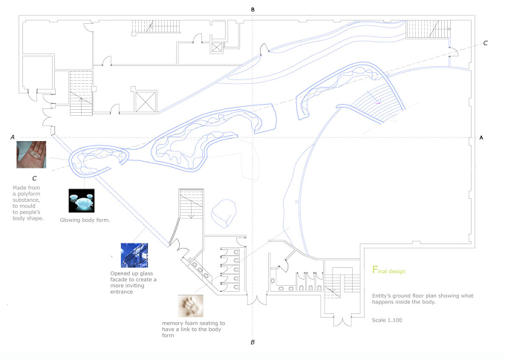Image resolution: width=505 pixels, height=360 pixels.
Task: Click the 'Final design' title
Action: (388, 270)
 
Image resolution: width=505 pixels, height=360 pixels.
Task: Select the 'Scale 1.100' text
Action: (387, 320)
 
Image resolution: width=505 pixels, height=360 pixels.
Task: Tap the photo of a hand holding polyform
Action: (31, 154)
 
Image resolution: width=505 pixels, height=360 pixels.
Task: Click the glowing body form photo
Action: (82, 200)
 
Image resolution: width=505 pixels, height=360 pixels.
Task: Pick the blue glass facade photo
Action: (134, 255)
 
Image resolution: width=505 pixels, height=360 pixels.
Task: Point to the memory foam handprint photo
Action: (191, 306)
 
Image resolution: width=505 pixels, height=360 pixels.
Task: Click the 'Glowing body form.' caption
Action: (85, 220)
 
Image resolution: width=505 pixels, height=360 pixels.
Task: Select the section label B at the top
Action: (252, 10)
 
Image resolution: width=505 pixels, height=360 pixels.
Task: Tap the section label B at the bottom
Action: (252, 342)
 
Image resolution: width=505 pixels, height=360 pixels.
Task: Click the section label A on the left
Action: (13, 137)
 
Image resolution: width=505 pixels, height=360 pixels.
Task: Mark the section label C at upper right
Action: (486, 43)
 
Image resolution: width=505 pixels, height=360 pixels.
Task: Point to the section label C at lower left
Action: (34, 178)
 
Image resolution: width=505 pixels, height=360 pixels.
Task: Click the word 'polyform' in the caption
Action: (29, 194)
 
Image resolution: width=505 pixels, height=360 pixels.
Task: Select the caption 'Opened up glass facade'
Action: (133, 282)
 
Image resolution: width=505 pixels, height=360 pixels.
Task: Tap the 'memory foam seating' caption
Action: (193, 329)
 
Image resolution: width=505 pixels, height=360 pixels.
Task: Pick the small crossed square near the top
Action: (217, 48)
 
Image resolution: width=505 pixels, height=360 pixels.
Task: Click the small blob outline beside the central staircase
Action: (224, 213)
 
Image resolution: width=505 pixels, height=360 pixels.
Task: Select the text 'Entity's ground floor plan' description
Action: (423, 298)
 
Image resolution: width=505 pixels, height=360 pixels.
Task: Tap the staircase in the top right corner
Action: (428, 29)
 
